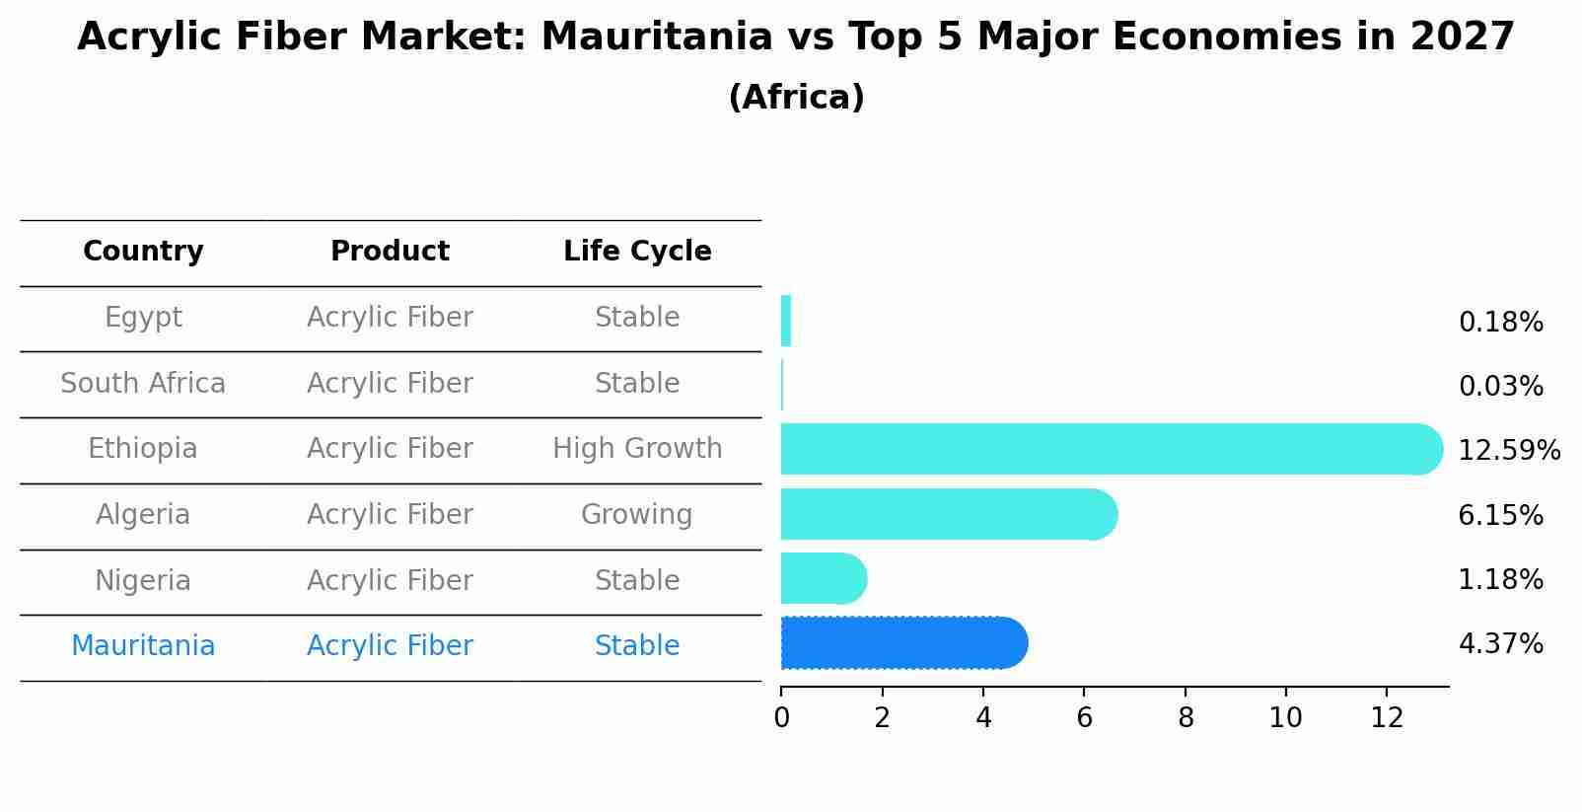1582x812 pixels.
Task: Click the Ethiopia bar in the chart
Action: click(x=1105, y=449)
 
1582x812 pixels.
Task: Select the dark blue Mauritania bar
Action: click(x=902, y=643)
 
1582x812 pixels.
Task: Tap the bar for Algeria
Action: click(x=947, y=514)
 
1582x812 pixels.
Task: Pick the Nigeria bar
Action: click(x=823, y=578)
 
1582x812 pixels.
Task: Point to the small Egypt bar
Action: click(x=786, y=321)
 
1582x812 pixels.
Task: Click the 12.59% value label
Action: click(x=1508, y=451)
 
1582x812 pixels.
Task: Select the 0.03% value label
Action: click(x=1500, y=387)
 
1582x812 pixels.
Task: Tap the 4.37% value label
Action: click(x=1500, y=644)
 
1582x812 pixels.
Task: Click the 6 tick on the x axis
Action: click(x=1084, y=718)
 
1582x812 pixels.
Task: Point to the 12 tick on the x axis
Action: click(x=1387, y=718)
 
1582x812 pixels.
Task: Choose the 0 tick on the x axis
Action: click(x=781, y=718)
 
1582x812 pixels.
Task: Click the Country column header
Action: click(x=143, y=252)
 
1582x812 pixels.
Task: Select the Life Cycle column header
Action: click(x=637, y=252)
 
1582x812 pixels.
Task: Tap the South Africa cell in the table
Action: click(x=143, y=384)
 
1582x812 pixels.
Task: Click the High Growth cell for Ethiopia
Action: click(x=637, y=449)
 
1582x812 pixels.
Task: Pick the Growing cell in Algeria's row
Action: click(x=637, y=515)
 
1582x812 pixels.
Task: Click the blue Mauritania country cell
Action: click(x=143, y=646)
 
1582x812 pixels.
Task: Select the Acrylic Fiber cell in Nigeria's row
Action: click(x=390, y=581)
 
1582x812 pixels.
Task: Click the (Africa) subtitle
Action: click(x=796, y=98)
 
